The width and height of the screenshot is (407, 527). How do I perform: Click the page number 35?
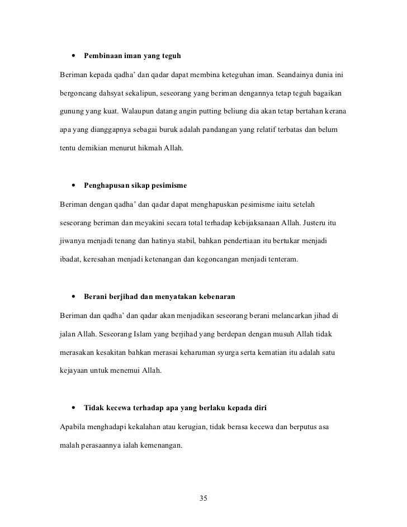click(203, 498)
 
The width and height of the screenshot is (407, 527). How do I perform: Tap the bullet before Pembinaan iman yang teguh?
click(73, 56)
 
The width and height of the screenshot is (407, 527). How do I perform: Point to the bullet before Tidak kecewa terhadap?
click(73, 406)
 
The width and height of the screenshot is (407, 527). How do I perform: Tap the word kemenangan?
click(157, 447)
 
